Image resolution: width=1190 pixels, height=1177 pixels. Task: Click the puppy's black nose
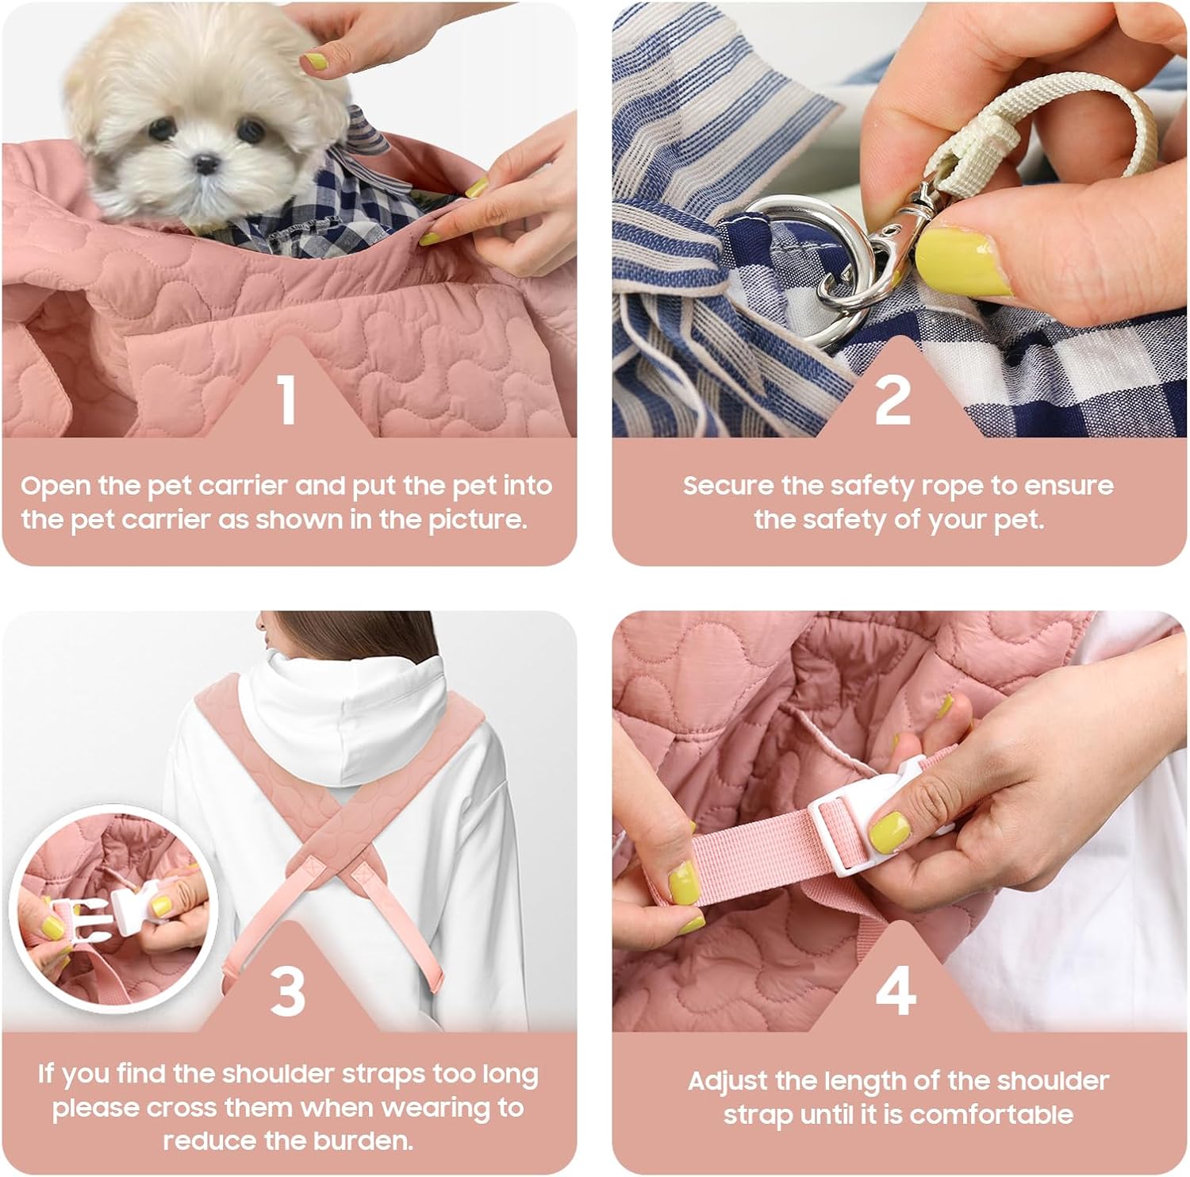206,164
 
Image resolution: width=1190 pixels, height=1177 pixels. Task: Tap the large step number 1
287,399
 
